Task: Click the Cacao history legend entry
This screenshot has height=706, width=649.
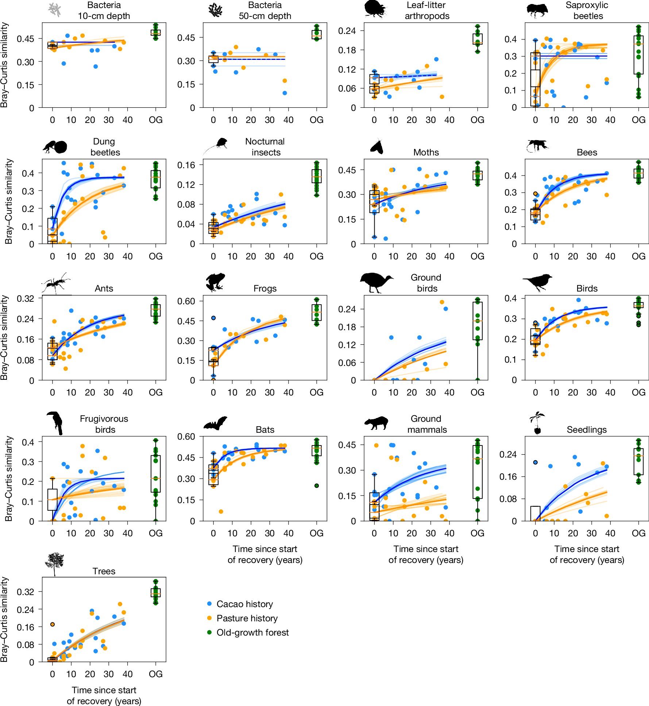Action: (244, 604)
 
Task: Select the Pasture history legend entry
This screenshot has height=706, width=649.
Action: (247, 618)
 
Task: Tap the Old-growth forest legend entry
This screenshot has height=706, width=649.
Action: (252, 632)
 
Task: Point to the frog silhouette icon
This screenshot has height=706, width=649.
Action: (215, 282)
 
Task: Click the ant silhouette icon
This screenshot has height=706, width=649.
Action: (55, 283)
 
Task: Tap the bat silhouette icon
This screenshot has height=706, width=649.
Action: (215, 424)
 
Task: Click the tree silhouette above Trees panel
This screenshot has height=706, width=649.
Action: (55, 563)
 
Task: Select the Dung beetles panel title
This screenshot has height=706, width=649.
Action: (105, 147)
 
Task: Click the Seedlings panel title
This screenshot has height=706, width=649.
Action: (586, 429)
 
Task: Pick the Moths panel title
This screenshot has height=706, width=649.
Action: (426, 152)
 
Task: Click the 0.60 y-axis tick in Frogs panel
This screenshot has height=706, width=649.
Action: (186, 301)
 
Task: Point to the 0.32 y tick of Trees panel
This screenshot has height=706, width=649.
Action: (25, 591)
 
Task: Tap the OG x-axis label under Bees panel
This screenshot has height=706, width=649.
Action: (638, 256)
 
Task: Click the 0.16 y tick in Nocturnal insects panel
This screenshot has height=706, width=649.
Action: (186, 165)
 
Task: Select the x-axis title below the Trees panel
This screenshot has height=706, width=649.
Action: (104, 695)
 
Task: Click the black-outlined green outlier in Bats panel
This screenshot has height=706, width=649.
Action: (317, 486)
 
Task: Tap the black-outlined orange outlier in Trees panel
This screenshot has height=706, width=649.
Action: (53, 624)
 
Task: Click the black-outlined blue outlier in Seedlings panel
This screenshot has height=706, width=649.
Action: (535, 462)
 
